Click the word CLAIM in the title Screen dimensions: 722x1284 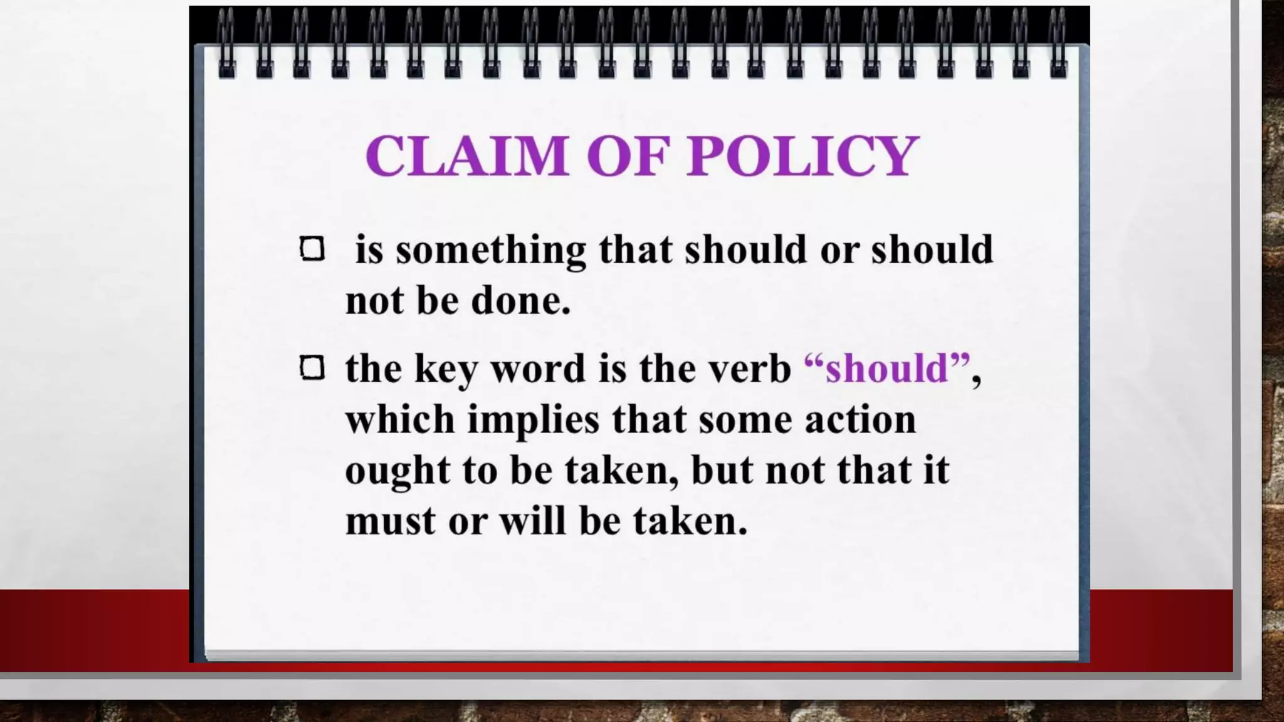(466, 155)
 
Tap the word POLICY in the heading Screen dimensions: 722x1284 (802, 155)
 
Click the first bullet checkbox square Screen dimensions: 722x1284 (312, 249)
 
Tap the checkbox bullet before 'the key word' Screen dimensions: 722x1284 (312, 368)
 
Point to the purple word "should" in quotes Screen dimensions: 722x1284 (887, 368)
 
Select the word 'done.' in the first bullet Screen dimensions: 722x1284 (520, 300)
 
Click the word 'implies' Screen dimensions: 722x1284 (534, 420)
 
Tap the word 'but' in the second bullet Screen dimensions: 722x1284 (721, 470)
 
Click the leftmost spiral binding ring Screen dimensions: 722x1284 (226, 44)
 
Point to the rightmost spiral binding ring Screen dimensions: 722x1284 (1058, 44)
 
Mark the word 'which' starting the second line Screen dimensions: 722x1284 (400, 419)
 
